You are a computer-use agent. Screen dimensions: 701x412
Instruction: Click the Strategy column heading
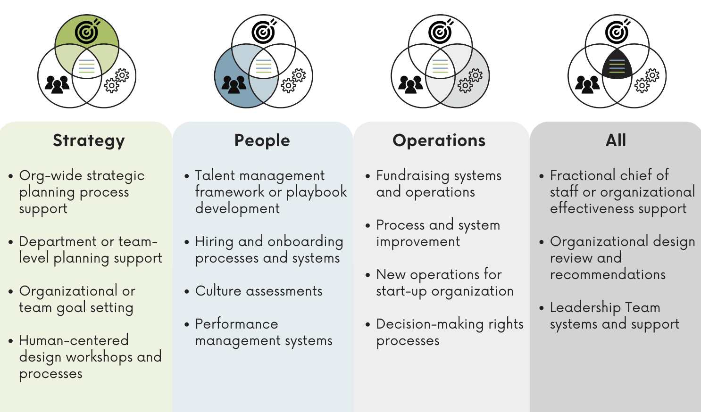pos(89,141)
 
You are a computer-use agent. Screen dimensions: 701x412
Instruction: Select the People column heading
pos(262,140)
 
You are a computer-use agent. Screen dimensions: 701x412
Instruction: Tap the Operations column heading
pos(439,140)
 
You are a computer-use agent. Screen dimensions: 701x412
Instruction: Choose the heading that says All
pos(616,140)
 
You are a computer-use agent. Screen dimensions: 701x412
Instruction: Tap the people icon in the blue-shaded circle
pos(234,84)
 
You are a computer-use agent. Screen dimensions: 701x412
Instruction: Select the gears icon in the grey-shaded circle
pos(470,81)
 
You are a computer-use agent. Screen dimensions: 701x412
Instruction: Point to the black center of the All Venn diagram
pos(617,65)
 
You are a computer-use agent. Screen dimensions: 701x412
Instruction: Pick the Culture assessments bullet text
pos(259,291)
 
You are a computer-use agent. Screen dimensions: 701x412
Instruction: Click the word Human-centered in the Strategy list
pos(74,340)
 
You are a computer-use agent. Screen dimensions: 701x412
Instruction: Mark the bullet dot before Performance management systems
pos(187,324)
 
